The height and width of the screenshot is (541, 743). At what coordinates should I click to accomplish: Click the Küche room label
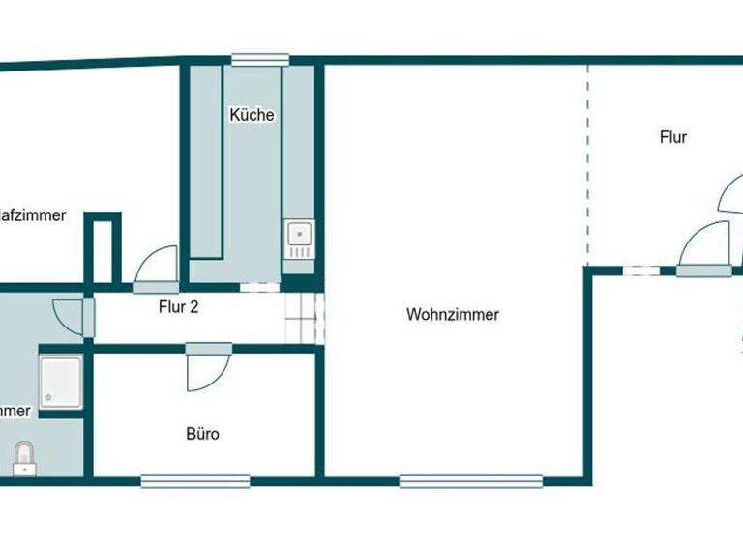tap(252, 115)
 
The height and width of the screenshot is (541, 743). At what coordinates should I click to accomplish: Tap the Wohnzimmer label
tap(453, 314)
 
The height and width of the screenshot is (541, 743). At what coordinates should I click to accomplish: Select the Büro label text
tap(202, 434)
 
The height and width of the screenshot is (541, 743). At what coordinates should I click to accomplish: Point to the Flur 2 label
tap(178, 308)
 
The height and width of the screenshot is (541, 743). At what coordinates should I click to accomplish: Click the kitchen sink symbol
tap(299, 237)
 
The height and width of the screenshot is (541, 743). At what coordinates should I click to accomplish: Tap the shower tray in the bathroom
tap(61, 382)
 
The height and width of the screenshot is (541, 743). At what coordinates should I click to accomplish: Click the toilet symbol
tap(25, 457)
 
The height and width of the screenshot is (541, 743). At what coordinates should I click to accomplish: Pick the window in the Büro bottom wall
tap(195, 480)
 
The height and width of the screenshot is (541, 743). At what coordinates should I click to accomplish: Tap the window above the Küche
tap(260, 60)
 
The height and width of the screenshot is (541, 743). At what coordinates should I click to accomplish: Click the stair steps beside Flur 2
tap(304, 318)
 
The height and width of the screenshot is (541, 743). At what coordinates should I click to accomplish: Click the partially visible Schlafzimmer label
tap(33, 215)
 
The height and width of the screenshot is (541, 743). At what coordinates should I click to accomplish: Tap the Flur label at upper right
tap(673, 137)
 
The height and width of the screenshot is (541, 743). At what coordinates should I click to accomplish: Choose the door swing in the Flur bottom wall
tap(705, 243)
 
